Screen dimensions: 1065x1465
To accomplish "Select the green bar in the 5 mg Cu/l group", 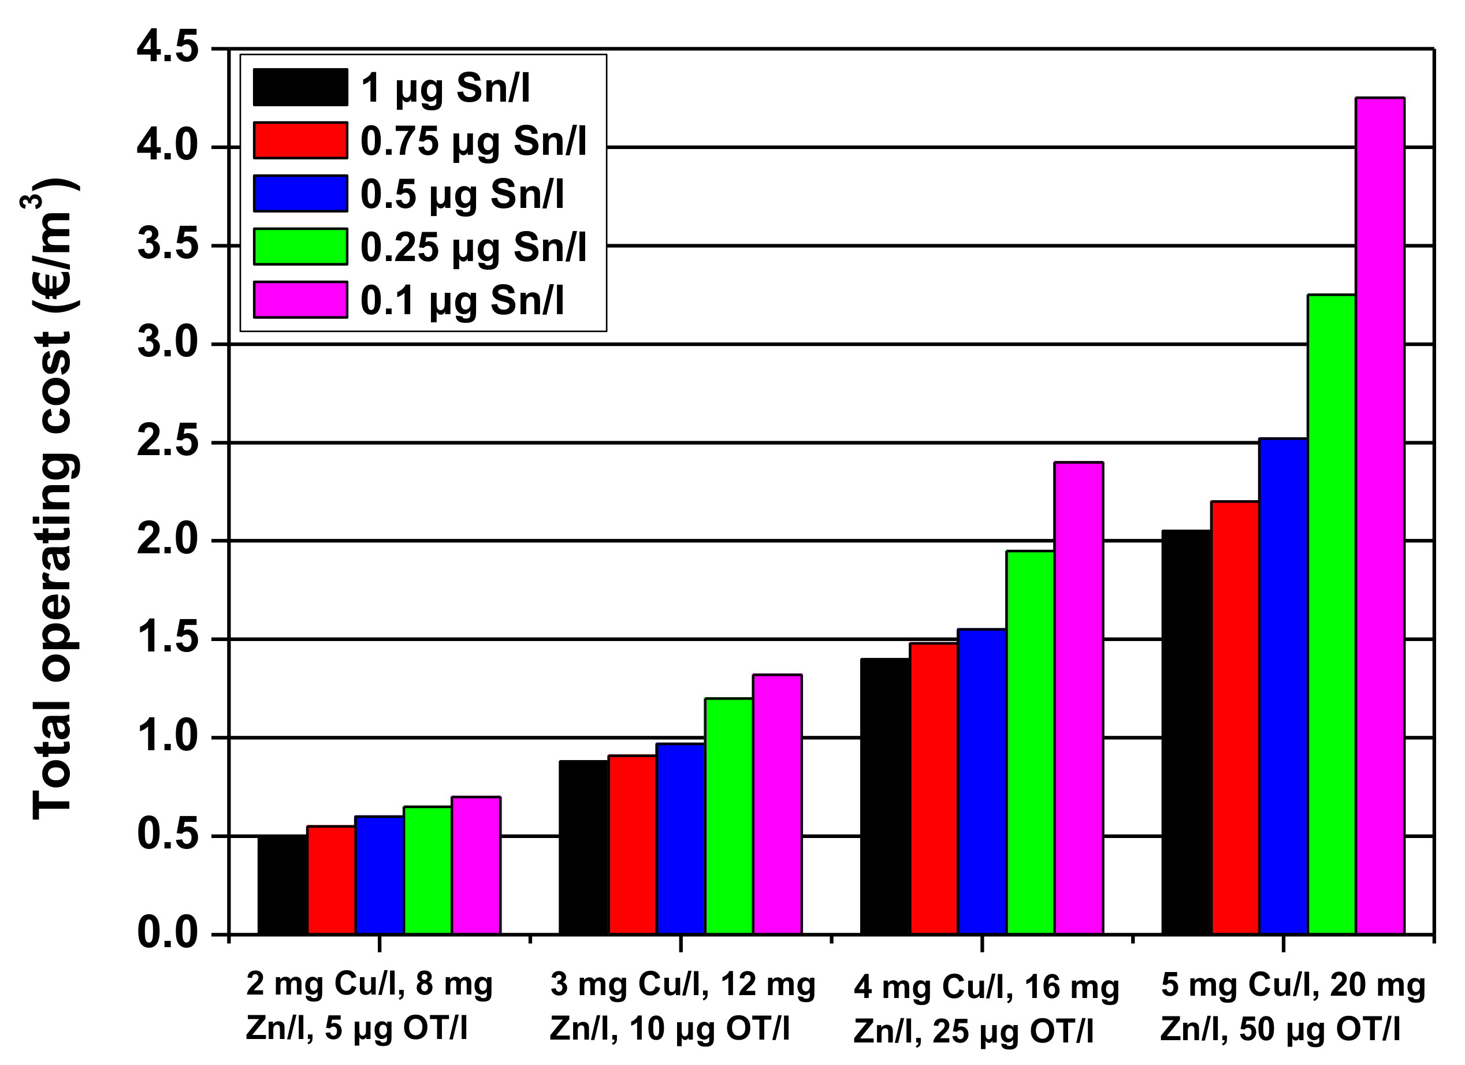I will click(x=1332, y=613).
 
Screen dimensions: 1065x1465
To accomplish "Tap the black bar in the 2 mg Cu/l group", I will click(x=282, y=884).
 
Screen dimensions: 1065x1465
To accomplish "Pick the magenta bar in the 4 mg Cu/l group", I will click(x=1078, y=698).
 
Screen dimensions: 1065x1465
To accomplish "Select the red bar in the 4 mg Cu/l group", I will click(x=934, y=788).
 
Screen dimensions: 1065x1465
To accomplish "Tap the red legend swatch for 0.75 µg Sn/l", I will click(x=300, y=140).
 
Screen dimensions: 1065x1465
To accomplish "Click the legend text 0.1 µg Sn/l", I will click(x=462, y=300).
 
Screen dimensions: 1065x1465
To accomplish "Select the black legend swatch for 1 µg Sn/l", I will click(x=300, y=87).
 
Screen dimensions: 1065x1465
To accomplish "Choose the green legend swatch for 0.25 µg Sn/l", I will click(x=300, y=246).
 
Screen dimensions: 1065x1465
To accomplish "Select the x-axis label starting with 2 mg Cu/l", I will click(x=370, y=1006).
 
